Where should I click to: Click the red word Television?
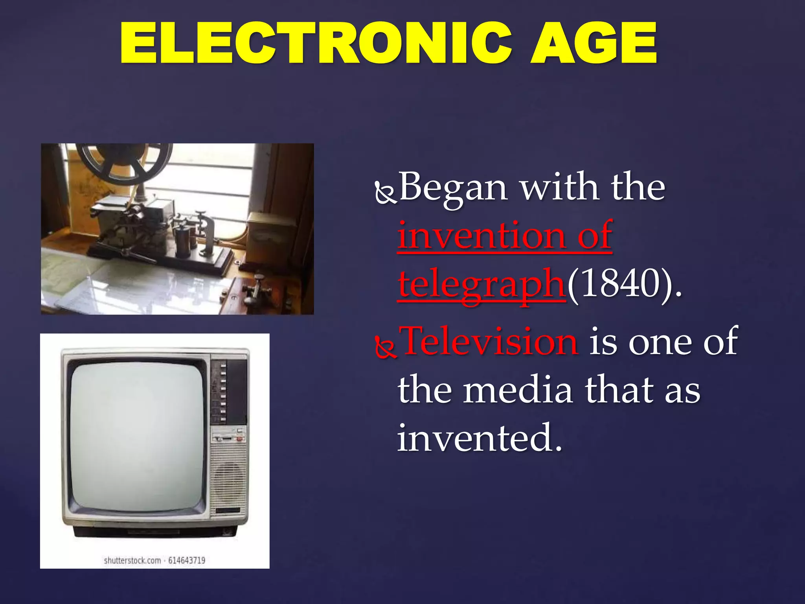[490, 341]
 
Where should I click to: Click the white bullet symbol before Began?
[386, 193]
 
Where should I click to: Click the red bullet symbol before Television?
[386, 348]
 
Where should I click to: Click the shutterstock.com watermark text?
[132, 560]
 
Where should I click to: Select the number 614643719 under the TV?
[187, 560]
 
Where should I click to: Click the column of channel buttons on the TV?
[223, 393]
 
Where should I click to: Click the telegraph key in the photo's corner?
[257, 291]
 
